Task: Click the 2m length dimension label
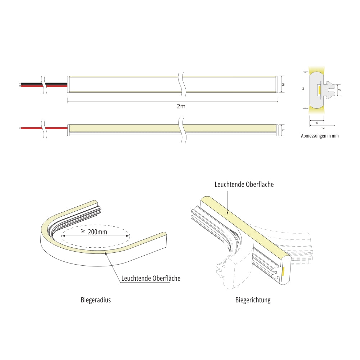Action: coord(181,106)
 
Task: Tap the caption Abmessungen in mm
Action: coord(320,136)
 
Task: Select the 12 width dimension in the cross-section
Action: coord(323,128)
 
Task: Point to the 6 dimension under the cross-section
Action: coord(317,123)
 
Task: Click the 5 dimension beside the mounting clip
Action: coord(339,90)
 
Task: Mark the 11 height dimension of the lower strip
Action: coord(283,130)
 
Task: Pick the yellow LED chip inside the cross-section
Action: coord(319,90)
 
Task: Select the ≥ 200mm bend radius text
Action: coord(94,232)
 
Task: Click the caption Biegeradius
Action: coord(96,300)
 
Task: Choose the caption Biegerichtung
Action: coord(253,300)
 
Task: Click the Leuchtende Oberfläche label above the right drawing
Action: coord(244,184)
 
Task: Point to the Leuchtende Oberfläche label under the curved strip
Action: coord(151,278)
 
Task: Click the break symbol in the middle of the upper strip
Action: coord(181,84)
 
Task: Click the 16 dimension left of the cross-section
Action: coord(303,89)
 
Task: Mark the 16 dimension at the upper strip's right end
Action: coord(283,85)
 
